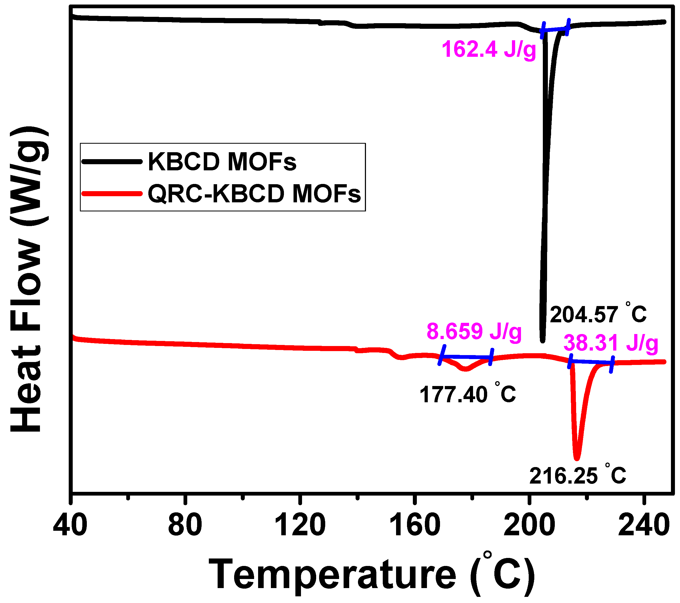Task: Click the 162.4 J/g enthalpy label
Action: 489,49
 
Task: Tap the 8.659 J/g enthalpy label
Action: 474,331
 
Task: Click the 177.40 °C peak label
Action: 467,395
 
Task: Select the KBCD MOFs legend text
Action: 222,162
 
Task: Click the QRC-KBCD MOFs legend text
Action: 254,194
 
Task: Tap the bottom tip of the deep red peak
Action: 577,458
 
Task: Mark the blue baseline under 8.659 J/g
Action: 466,357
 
